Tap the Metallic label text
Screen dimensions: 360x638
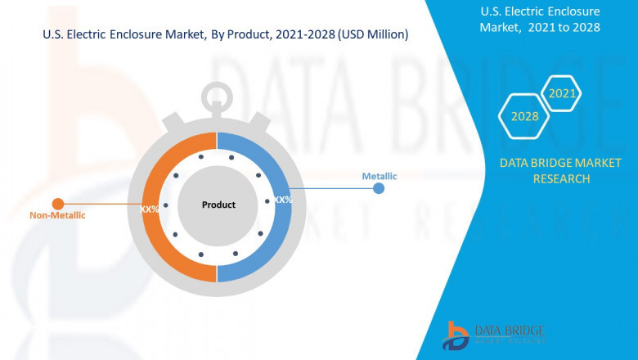point(380,176)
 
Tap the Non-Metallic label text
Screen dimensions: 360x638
point(57,216)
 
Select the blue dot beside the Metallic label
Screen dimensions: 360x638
point(379,188)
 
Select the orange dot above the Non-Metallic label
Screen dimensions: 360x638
point(57,204)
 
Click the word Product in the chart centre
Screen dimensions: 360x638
point(218,205)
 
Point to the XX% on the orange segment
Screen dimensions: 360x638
point(150,209)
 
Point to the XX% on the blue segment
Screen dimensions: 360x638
point(283,200)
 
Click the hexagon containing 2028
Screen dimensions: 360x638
point(524,117)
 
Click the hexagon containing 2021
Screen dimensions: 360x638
point(562,94)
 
